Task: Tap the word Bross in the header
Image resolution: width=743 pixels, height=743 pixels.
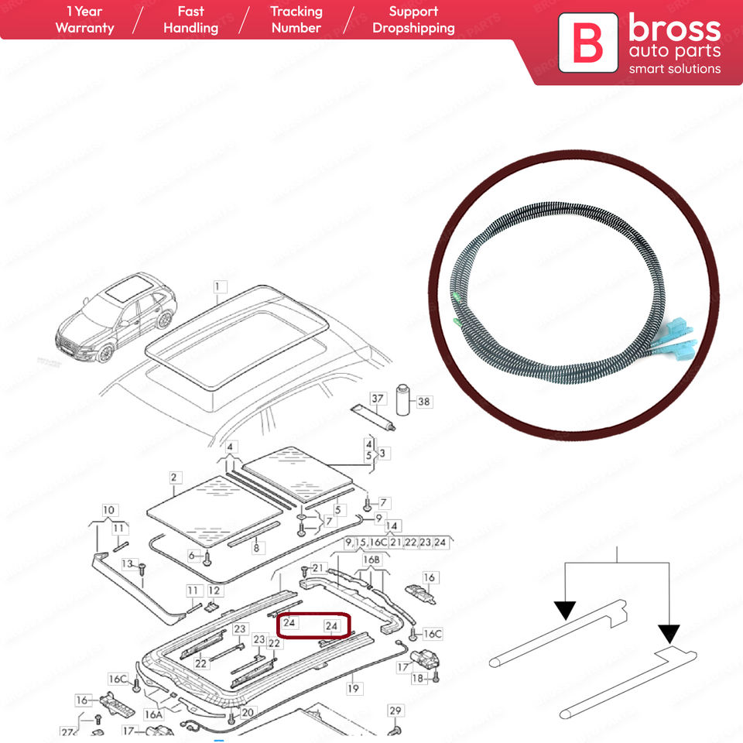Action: click(x=674, y=29)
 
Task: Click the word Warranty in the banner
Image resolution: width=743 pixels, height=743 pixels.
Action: click(x=85, y=28)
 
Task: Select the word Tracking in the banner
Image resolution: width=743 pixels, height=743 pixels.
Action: click(x=296, y=12)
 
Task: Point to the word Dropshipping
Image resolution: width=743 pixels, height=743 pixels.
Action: click(x=413, y=28)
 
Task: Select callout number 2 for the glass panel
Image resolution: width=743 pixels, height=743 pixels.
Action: click(x=174, y=478)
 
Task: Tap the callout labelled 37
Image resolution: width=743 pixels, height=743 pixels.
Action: click(x=377, y=399)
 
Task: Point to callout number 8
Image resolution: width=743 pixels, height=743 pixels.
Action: click(x=255, y=548)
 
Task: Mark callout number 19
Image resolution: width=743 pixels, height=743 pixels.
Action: click(x=354, y=687)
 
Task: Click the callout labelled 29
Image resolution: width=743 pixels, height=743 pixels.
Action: click(x=395, y=711)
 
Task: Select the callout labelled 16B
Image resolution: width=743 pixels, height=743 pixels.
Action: click(x=371, y=560)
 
